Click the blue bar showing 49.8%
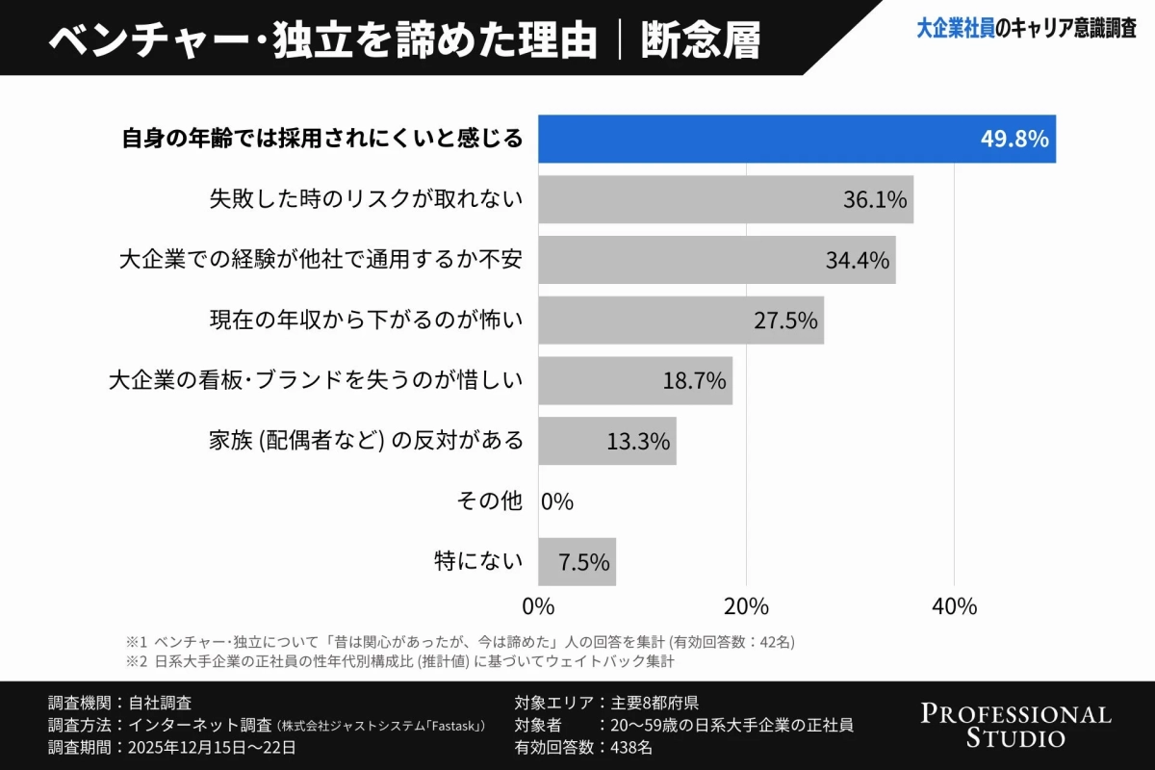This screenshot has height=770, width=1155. tap(796, 139)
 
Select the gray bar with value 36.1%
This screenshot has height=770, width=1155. tap(725, 199)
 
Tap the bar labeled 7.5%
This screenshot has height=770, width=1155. tap(577, 562)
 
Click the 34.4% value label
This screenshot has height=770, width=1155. tap(857, 260)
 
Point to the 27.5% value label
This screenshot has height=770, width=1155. tap(785, 321)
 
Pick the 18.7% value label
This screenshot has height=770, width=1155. tap(694, 381)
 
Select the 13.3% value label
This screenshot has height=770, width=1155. tap(638, 442)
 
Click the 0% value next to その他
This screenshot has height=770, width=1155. tap(557, 501)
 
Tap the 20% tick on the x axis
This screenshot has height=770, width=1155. tap(746, 606)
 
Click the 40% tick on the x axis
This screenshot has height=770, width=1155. tap(954, 606)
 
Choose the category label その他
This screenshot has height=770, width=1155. tap(489, 501)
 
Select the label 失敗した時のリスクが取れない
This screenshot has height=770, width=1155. tap(366, 199)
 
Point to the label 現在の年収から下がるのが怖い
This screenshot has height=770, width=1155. tap(366, 321)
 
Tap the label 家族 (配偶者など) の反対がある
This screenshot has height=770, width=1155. tap(366, 441)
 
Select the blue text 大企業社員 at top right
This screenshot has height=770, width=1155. tap(955, 30)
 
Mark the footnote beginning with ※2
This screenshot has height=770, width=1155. tap(404, 662)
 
